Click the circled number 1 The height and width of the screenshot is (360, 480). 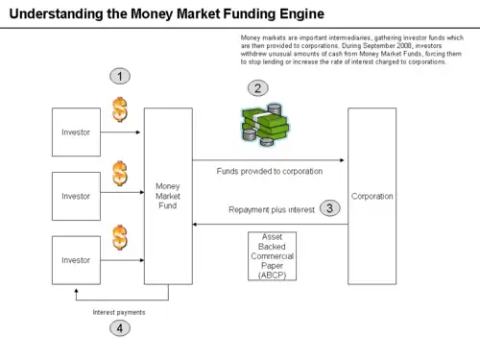pos(120,76)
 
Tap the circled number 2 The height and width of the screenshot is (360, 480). pos(258,88)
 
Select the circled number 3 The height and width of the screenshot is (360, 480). pos(330,208)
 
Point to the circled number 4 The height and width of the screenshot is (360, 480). pos(120,328)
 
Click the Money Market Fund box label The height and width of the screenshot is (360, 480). pos(168,196)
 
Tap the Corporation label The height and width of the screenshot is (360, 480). pos(372,196)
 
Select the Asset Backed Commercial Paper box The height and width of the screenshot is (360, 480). pos(273,256)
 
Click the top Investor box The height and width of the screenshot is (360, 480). pos(76,132)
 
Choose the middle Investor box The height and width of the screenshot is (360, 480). pos(76,196)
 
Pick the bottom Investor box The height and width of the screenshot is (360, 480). pos(76,260)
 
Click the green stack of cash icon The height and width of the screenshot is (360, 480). pos(265,124)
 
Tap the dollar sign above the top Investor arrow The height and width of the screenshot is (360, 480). pos(120,109)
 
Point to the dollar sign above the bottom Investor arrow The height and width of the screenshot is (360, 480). pos(120,237)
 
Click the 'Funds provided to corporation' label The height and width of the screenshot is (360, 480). pos(270,171)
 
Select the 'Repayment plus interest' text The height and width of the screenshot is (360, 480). pos(272,209)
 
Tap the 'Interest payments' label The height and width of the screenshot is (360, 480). pos(119,312)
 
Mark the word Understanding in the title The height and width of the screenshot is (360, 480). pos(56,13)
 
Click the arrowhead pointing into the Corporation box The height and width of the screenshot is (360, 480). pos(342,160)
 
